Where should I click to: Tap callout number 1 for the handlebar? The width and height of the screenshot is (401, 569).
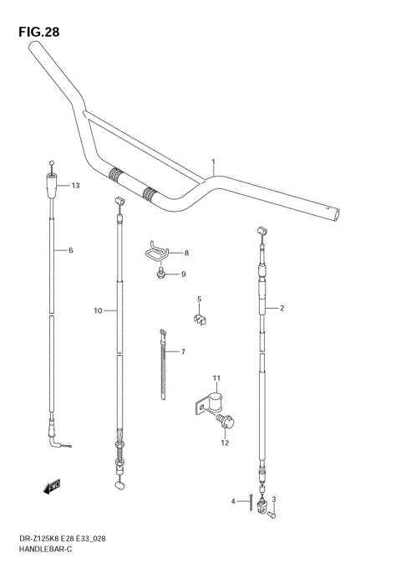[x=213, y=161]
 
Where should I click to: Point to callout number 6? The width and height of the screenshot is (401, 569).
[x=71, y=250]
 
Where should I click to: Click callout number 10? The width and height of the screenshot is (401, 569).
[x=98, y=310]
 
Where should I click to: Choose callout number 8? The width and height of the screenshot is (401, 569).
[x=186, y=253]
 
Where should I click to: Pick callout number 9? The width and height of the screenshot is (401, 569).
[x=184, y=274]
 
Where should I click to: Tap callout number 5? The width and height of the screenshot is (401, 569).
[x=199, y=299]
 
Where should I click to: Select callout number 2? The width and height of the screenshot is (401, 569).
[x=282, y=308]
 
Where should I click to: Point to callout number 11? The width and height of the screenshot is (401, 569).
[x=216, y=378]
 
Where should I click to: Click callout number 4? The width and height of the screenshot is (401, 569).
[x=233, y=501]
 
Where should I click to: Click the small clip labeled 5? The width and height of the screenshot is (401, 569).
[x=200, y=317]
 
